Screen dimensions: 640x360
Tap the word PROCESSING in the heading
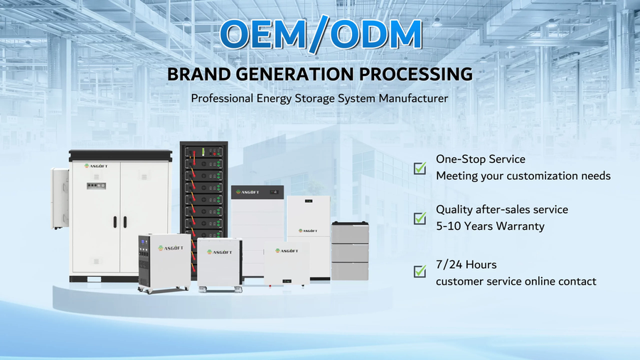click(x=415, y=74)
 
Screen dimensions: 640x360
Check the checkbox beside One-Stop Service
click(x=420, y=168)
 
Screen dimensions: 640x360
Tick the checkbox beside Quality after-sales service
click(x=420, y=218)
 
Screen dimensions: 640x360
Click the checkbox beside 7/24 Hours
click(x=420, y=271)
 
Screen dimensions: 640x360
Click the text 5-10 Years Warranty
click(x=490, y=226)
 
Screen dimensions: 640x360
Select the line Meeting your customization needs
click(x=523, y=176)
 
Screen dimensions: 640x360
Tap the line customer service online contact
click(x=516, y=281)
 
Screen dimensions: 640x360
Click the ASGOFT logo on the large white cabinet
click(x=96, y=166)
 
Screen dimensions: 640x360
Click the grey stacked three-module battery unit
click(x=350, y=251)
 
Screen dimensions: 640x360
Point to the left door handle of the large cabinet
click(x=115, y=222)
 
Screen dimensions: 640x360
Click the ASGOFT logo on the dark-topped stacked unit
click(x=247, y=192)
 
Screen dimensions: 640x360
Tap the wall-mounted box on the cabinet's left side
click(x=60, y=198)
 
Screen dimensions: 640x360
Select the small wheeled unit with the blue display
click(x=164, y=263)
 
